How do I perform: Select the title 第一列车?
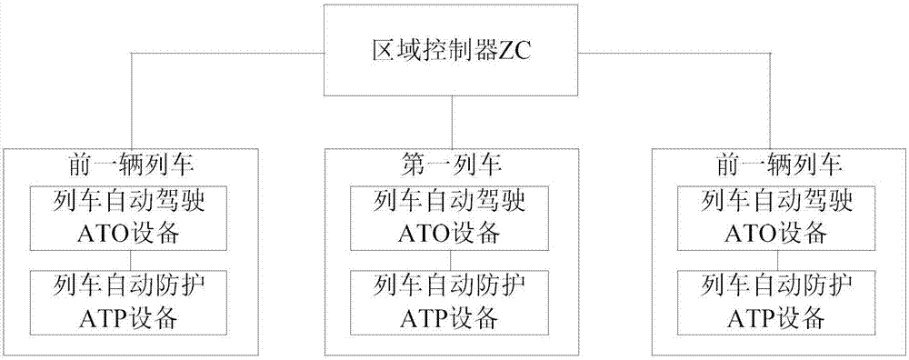[x=452, y=165]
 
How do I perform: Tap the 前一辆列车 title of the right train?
[x=778, y=165]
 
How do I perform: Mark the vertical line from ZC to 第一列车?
[x=452, y=122]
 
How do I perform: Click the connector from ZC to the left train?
[x=227, y=53]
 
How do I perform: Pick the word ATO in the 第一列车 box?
[x=423, y=233]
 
